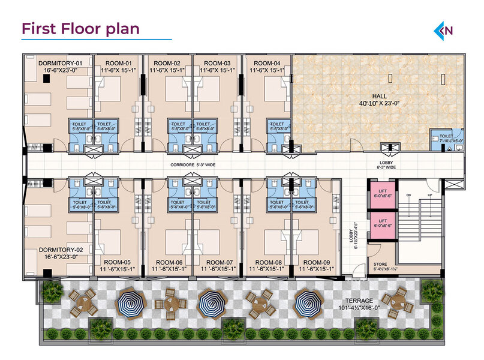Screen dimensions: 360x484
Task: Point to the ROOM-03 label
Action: [x=217, y=63]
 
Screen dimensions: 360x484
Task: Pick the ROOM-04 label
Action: [x=267, y=63]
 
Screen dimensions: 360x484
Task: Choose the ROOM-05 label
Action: [x=117, y=262]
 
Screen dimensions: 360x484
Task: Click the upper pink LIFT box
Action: [x=382, y=194]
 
